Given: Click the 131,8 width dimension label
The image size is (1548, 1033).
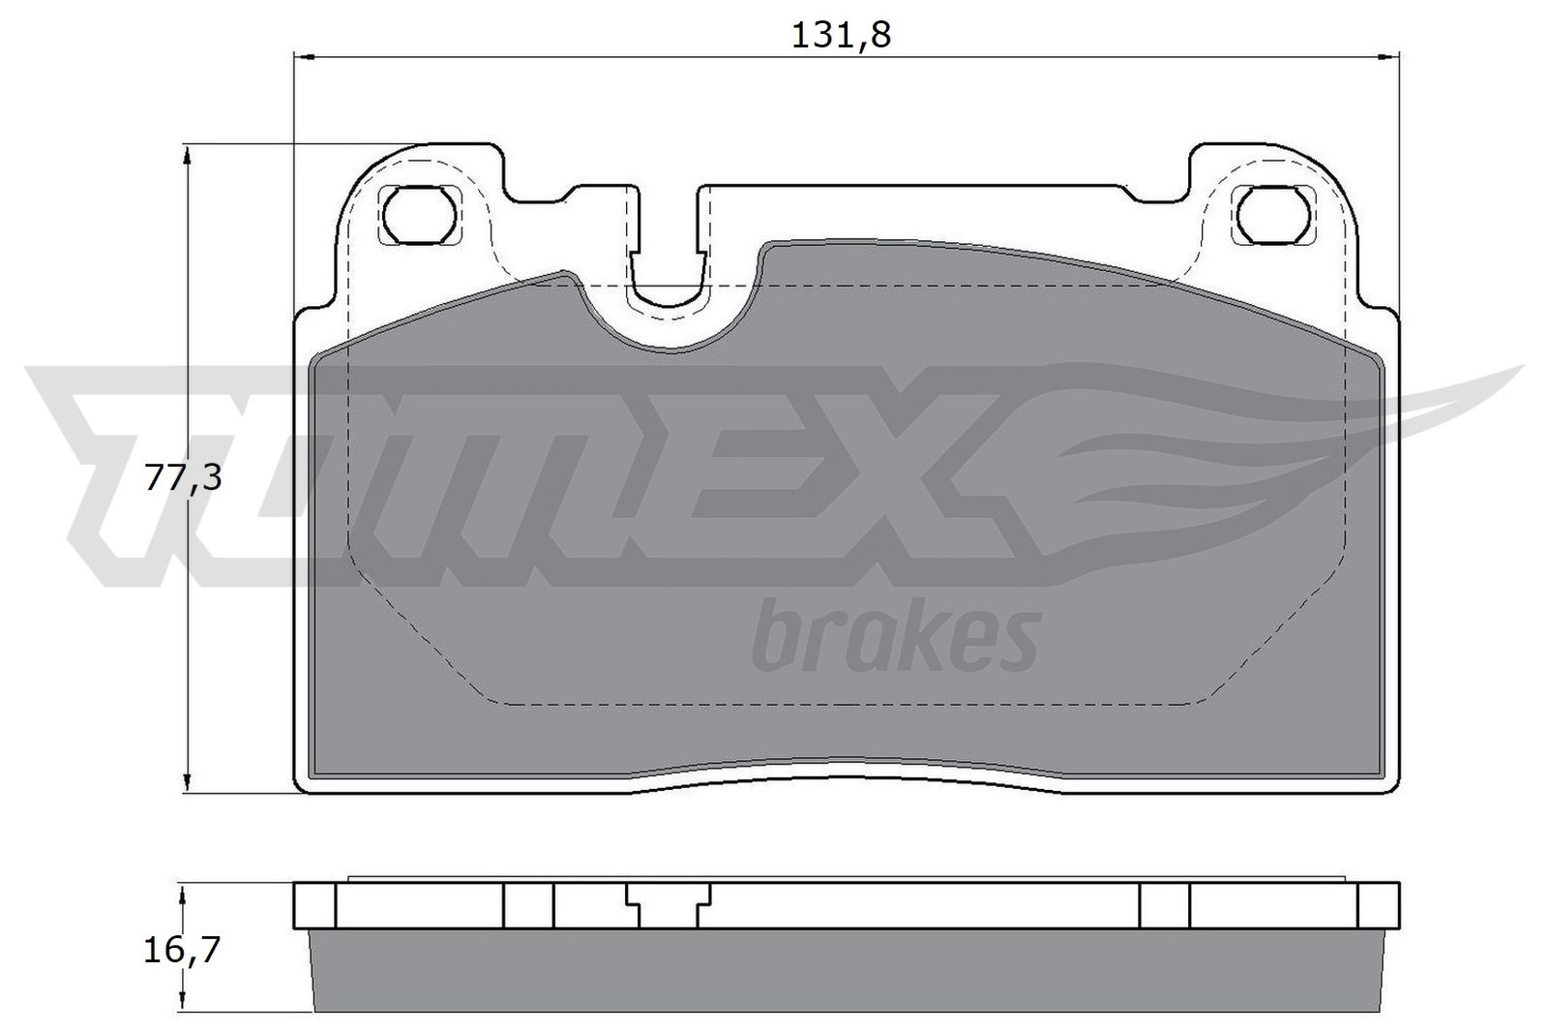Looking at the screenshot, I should click(840, 35).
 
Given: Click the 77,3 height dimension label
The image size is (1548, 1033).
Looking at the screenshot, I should click(183, 477).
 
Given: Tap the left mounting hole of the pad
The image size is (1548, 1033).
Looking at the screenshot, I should click(420, 214).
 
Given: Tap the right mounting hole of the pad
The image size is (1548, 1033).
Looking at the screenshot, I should click(1276, 214).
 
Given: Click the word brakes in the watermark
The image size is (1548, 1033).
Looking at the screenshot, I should click(894, 638).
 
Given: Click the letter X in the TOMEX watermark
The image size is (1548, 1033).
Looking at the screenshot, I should click(929, 465).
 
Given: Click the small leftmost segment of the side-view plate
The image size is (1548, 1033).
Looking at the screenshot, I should click(314, 905).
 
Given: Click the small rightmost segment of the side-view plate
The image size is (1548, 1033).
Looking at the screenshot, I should click(1379, 905).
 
